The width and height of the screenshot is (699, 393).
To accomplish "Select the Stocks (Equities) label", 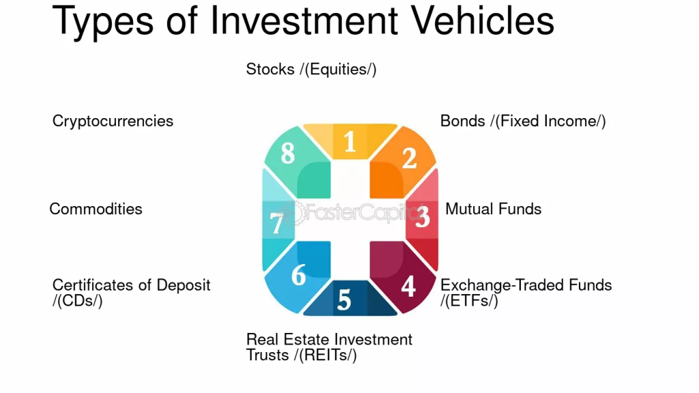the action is pyautogui.click(x=311, y=70).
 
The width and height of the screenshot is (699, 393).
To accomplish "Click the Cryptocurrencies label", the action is pyautogui.click(x=113, y=121).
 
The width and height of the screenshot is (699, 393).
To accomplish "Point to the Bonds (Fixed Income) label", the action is pyautogui.click(x=523, y=121).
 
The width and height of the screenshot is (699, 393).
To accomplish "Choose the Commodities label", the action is pyautogui.click(x=96, y=209).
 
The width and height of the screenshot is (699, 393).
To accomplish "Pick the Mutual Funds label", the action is pyautogui.click(x=494, y=209).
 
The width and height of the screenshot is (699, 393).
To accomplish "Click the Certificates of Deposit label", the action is pyautogui.click(x=132, y=293).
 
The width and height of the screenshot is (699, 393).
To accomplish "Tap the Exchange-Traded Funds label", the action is pyautogui.click(x=526, y=293).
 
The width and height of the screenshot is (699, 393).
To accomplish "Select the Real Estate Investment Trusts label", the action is pyautogui.click(x=330, y=347).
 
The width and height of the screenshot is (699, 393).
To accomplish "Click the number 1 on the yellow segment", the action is pyautogui.click(x=350, y=142).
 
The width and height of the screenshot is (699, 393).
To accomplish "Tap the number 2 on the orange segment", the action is pyautogui.click(x=410, y=158).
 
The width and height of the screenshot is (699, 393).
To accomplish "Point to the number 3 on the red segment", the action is pyautogui.click(x=422, y=217).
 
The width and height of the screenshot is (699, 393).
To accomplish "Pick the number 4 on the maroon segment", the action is pyautogui.click(x=408, y=287).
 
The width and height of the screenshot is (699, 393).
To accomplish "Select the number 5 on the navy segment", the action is pyautogui.click(x=344, y=300).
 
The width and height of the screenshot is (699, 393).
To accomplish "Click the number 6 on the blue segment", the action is pyautogui.click(x=299, y=275).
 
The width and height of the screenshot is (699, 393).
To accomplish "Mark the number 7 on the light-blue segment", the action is pyautogui.click(x=276, y=223).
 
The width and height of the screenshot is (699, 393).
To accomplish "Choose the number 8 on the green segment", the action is pyautogui.click(x=288, y=154).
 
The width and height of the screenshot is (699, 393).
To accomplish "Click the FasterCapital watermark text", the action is pyautogui.click(x=352, y=212).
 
